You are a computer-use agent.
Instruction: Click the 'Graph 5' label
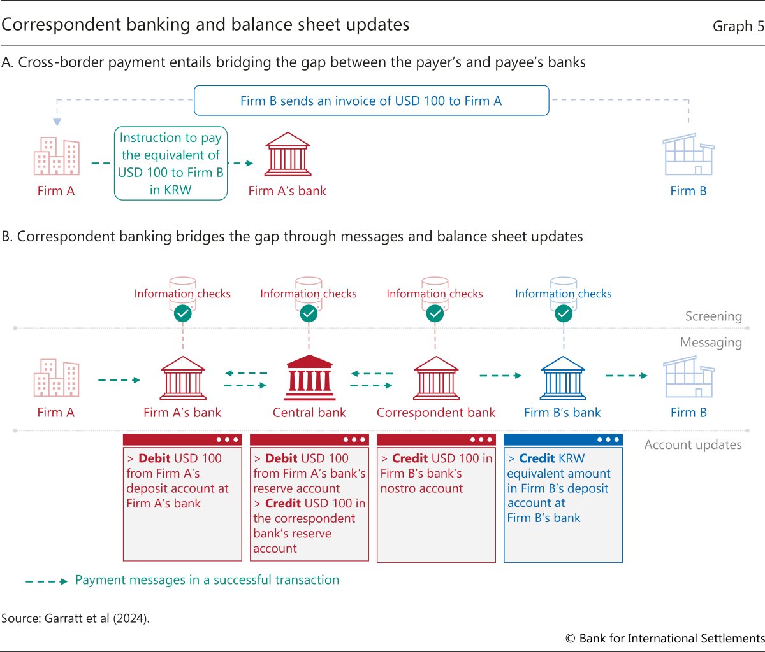(x=738, y=26)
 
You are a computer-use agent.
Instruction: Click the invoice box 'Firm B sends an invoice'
(x=371, y=101)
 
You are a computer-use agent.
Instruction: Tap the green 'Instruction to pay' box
(x=171, y=164)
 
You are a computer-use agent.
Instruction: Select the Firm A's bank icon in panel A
(x=288, y=154)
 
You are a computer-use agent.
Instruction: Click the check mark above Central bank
(x=309, y=313)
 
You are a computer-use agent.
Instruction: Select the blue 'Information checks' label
(x=563, y=294)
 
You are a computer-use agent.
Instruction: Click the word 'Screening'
(x=713, y=316)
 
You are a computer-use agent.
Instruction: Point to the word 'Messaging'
(x=711, y=343)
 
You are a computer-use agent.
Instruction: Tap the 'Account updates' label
(x=693, y=445)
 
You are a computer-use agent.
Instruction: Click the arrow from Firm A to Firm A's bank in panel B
(x=119, y=380)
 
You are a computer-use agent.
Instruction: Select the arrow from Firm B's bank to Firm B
(x=625, y=376)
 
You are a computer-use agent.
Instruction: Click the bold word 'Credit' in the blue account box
(x=537, y=458)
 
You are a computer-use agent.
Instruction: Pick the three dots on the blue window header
(x=608, y=439)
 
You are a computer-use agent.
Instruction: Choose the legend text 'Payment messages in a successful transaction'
(x=207, y=580)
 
